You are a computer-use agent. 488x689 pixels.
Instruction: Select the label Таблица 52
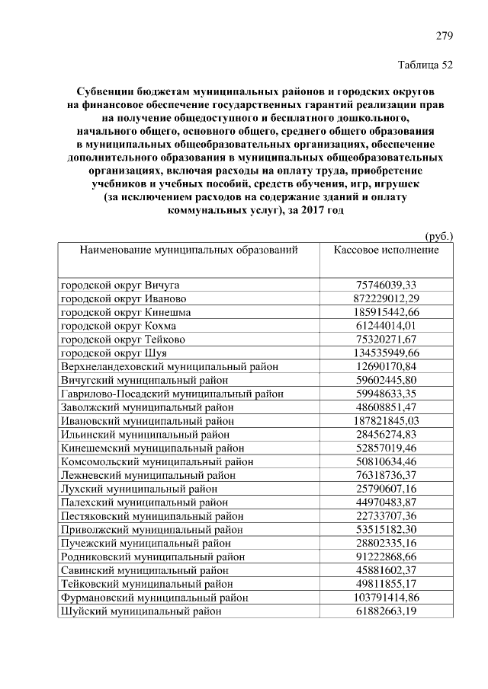(426, 65)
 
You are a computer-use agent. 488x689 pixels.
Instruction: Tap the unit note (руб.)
(438, 236)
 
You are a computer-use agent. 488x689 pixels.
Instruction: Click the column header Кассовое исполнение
(387, 250)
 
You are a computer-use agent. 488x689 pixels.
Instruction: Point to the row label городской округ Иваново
(123, 298)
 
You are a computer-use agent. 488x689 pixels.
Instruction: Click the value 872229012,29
(387, 298)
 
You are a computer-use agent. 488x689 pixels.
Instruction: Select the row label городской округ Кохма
(118, 326)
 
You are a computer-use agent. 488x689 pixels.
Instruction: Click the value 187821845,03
(387, 420)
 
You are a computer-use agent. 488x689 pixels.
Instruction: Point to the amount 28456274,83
(387, 434)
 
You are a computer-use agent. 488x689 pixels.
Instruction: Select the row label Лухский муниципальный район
(144, 488)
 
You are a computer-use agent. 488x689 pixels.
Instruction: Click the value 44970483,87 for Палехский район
(387, 502)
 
